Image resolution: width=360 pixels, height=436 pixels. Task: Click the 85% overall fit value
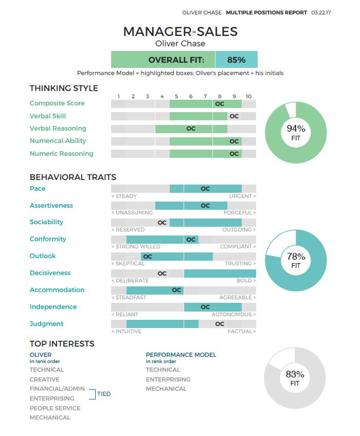(236, 60)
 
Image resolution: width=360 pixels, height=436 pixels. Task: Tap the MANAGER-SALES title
(181, 31)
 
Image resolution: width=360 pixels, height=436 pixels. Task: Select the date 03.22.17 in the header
(321, 12)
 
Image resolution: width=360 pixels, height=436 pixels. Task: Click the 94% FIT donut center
(296, 133)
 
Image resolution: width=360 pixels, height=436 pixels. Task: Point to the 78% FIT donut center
(296, 260)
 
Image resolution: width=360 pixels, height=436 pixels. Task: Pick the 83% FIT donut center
(295, 378)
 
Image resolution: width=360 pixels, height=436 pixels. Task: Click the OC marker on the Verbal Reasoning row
(191, 129)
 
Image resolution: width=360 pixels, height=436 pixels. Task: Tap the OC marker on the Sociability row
(162, 223)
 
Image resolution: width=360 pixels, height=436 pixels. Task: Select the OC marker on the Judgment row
(220, 324)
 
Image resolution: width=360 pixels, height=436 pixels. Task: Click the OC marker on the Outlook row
(148, 256)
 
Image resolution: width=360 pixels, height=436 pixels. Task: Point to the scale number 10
(248, 96)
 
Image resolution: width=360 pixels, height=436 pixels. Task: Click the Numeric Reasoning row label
(61, 153)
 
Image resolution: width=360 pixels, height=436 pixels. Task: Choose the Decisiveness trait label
(50, 273)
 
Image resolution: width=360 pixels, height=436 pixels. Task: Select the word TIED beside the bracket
(104, 394)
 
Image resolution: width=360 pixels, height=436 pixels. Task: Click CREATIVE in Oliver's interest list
(44, 379)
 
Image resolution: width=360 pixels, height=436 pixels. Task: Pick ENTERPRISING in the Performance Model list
(168, 379)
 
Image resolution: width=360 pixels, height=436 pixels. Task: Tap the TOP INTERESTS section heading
(62, 344)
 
